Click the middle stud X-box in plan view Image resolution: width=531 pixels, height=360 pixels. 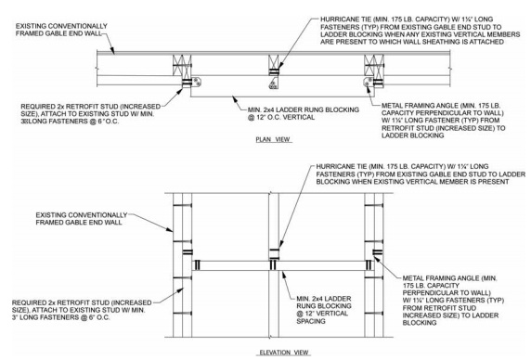click(273, 67)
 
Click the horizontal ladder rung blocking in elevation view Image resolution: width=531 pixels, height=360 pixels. click(278, 264)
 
